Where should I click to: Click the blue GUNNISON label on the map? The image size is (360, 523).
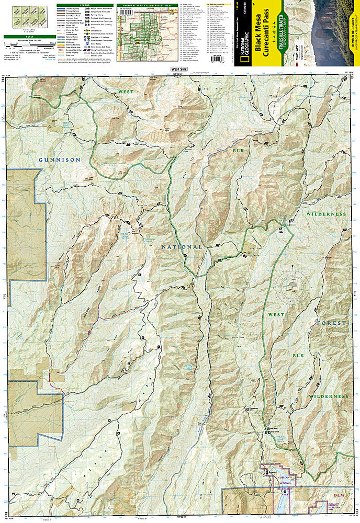[60, 159]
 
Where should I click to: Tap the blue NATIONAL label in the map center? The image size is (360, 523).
[181, 246]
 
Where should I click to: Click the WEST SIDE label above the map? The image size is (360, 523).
[179, 70]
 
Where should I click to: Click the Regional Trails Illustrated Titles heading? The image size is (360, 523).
[144, 5]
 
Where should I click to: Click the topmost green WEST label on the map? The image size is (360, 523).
[126, 92]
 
